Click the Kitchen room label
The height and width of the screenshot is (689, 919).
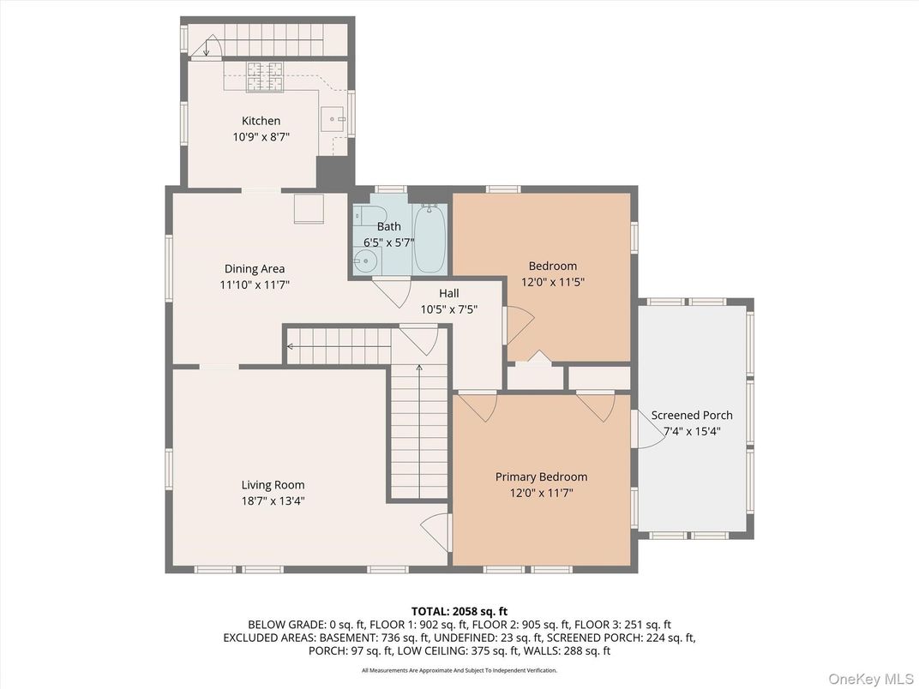[x=261, y=121]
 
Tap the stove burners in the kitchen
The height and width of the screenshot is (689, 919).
[x=265, y=77]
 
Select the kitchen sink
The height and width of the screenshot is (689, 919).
[x=334, y=119]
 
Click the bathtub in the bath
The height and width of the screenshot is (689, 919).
[x=430, y=237]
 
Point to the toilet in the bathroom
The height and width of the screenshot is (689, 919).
[x=365, y=216]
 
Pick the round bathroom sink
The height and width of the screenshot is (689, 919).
[x=364, y=261]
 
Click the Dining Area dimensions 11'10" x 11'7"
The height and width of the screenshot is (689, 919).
[x=255, y=285]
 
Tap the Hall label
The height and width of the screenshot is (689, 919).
[x=448, y=293]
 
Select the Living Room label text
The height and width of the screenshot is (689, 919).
[x=273, y=485]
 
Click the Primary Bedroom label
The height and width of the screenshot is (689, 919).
[x=541, y=476]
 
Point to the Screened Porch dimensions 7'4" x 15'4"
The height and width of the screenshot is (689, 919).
[x=692, y=431]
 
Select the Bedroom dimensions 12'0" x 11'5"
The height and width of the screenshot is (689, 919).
[x=552, y=281]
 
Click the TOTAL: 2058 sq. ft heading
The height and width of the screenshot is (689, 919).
[x=459, y=611]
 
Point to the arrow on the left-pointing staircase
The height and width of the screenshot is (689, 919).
[x=291, y=347]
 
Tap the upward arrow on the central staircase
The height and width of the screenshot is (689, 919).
[x=419, y=368]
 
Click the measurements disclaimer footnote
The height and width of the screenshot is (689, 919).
[x=459, y=670]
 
